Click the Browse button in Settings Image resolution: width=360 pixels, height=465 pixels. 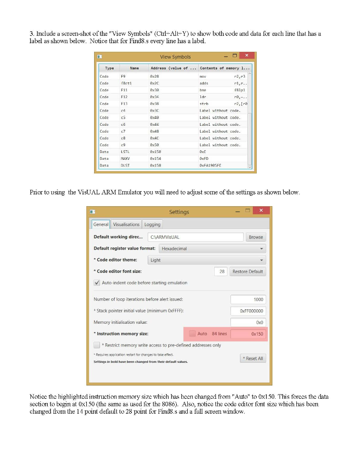point(255,237)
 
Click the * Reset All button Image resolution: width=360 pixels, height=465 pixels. point(253,358)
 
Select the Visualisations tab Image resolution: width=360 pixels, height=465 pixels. point(126,224)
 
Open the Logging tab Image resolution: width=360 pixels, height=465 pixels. point(152,224)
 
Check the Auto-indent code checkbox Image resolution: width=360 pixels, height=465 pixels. point(97,282)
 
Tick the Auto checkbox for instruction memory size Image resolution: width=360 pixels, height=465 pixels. point(192,334)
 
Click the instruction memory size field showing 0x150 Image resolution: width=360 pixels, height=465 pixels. point(248,334)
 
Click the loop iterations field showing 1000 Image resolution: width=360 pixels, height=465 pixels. point(248,299)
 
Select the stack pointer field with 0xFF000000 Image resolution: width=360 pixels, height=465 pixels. point(248,311)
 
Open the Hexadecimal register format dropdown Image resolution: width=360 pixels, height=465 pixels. point(211,248)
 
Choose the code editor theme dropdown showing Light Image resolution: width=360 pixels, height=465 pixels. point(207,260)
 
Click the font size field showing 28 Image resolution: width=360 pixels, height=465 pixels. point(220,272)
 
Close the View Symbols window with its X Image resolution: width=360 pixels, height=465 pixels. point(246,55)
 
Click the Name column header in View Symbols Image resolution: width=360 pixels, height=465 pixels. point(134,68)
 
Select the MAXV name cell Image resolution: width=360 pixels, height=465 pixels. point(125,159)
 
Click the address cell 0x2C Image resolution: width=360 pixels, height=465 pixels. point(154,84)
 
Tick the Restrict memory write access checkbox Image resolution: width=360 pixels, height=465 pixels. point(97,345)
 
